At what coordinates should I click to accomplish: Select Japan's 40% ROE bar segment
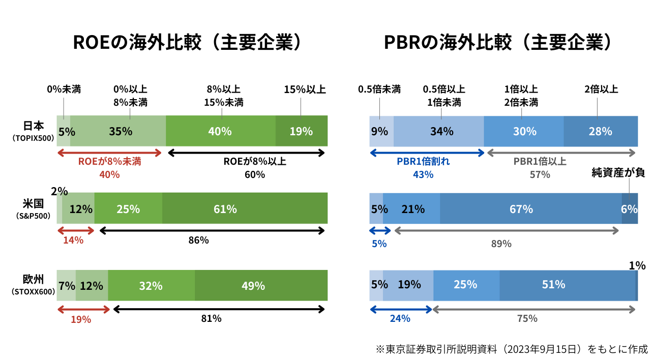pos(220,131)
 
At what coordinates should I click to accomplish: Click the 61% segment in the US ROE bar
pos(244,208)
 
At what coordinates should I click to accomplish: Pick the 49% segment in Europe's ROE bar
pos(260,286)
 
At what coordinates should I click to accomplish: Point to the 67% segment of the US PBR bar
pos(530,208)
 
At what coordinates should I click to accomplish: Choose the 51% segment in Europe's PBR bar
pos(567,285)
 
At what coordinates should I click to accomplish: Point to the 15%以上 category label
pos(305,90)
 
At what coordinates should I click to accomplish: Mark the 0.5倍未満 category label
pos(379,90)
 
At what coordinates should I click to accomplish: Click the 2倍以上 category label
pos(601,90)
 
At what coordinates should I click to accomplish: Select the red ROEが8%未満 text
pos(109,162)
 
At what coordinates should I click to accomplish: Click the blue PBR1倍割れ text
pos(423,162)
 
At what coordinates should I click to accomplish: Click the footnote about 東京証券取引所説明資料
pos(512,349)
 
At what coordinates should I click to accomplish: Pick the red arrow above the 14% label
pos(76,230)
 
